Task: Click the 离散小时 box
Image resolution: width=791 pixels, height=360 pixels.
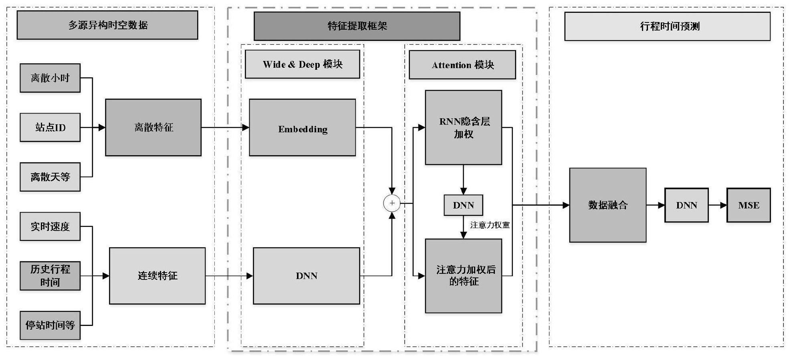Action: [50, 78]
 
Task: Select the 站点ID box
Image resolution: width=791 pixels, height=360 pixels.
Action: [50, 127]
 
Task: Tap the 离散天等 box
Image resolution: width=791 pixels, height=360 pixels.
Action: [50, 177]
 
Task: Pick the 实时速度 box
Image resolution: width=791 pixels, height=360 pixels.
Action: [50, 227]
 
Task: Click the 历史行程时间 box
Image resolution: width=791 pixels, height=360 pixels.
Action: [50, 276]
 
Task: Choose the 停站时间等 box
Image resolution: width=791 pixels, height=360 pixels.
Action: [50, 325]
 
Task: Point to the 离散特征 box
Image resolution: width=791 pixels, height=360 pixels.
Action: [153, 127]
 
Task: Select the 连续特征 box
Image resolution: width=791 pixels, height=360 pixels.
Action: [157, 276]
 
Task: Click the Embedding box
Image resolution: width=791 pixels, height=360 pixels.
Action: [302, 127]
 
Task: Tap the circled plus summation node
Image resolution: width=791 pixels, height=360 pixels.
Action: [392, 203]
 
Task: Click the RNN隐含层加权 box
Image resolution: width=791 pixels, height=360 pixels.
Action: [463, 127]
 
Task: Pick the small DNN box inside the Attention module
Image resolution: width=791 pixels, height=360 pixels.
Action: [463, 205]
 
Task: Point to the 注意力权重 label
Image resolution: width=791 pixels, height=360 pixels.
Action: [490, 225]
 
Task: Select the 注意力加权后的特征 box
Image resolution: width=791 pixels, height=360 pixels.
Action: [463, 276]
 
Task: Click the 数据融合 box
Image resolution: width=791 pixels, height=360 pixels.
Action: [607, 205]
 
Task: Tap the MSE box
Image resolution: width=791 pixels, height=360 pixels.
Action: [749, 205]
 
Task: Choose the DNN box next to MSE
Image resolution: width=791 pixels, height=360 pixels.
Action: [686, 205]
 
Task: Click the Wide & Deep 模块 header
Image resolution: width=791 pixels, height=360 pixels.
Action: [302, 64]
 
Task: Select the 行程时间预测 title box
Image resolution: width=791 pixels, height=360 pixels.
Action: [667, 26]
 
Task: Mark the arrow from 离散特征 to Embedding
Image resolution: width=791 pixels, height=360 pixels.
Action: [225, 127]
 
